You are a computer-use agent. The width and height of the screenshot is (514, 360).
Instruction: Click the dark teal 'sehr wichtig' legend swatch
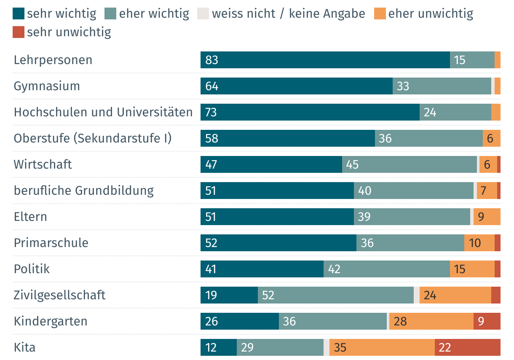click(19, 13)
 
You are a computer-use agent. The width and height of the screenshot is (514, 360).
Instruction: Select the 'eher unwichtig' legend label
click(431, 13)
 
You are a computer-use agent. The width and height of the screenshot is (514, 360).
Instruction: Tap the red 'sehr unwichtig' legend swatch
click(19, 32)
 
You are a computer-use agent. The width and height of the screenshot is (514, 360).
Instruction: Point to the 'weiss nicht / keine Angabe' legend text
click(288, 13)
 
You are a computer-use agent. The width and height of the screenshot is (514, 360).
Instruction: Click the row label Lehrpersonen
click(53, 60)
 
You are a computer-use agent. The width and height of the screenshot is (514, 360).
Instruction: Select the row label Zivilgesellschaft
click(59, 295)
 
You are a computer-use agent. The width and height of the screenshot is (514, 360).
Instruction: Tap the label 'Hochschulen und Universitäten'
click(103, 112)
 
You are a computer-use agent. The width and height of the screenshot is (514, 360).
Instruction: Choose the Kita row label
click(25, 347)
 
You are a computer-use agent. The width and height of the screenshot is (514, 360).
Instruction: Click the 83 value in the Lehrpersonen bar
click(211, 60)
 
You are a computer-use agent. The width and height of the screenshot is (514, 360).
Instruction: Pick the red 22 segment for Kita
click(467, 347)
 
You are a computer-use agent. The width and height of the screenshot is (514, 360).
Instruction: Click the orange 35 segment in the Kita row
click(382, 347)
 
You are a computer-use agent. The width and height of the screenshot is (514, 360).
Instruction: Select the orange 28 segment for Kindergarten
click(431, 321)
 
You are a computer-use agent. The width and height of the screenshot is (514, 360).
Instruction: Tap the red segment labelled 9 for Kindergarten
click(487, 321)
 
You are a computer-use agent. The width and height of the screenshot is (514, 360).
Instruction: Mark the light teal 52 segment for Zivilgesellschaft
click(335, 295)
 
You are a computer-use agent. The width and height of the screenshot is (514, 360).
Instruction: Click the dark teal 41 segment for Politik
click(262, 269)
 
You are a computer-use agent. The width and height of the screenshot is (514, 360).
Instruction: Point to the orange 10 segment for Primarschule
click(479, 243)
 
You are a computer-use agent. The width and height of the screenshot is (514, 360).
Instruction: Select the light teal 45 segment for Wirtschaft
click(409, 164)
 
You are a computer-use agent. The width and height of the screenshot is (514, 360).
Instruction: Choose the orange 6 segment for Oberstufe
click(491, 138)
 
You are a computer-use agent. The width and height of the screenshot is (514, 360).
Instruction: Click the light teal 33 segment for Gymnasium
click(442, 86)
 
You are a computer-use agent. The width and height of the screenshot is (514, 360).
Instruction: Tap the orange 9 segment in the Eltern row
click(487, 217)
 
